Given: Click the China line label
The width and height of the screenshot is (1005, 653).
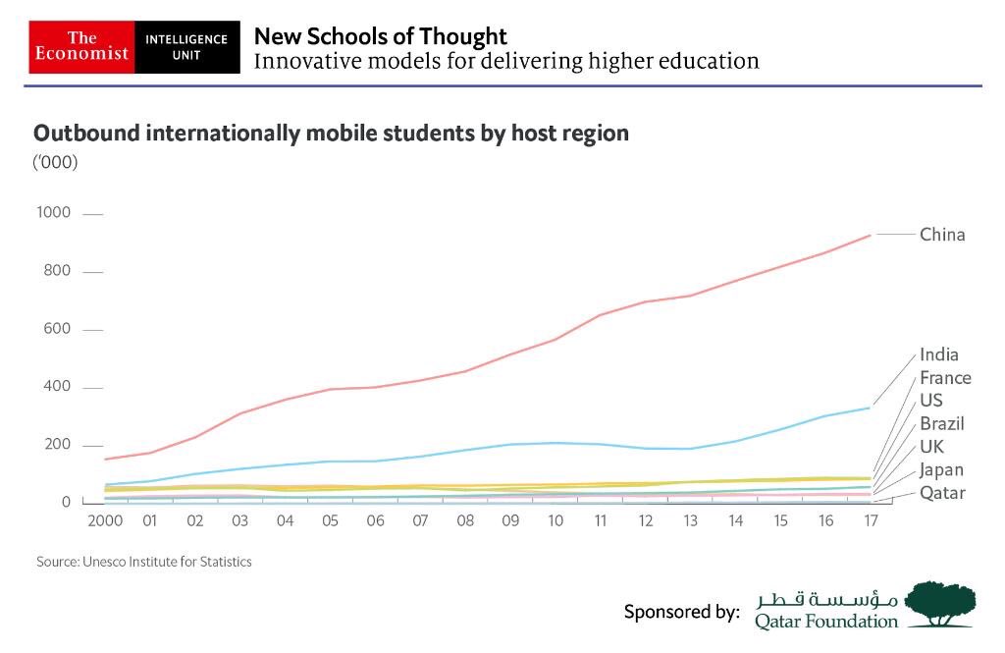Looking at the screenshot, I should [942, 235].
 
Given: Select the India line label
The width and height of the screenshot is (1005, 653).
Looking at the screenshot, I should [939, 354].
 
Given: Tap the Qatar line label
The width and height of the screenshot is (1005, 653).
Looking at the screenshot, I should [942, 493].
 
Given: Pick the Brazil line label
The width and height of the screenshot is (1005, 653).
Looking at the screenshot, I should [942, 424].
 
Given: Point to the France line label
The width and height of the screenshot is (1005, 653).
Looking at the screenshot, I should [945, 378].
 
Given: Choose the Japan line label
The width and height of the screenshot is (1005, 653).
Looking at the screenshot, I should [941, 470].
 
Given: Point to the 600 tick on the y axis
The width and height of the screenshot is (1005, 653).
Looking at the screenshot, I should [57, 329].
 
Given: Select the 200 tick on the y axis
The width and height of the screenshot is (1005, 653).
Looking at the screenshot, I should [57, 445].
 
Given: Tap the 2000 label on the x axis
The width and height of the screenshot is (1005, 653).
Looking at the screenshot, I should [105, 520].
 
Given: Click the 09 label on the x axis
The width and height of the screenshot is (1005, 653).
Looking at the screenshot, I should [509, 520].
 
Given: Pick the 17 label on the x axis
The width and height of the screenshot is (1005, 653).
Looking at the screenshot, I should [869, 520].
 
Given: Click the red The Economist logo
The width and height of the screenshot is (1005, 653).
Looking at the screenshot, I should [81, 46].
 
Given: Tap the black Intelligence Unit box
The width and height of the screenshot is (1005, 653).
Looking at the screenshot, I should [186, 46].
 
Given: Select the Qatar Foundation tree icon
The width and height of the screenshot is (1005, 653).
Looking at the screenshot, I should [939, 603].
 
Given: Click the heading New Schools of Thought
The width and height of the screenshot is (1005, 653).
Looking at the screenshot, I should [381, 36].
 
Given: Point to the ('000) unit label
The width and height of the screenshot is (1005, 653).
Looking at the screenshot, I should [56, 162].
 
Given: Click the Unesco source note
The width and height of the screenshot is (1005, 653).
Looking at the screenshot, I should [143, 562].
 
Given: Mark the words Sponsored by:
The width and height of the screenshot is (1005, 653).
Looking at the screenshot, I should [681, 612].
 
